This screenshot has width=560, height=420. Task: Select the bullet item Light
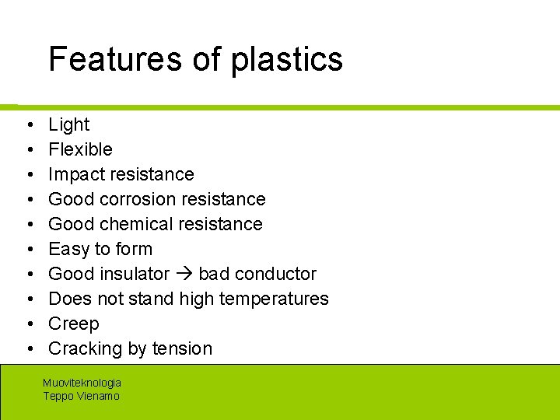68,124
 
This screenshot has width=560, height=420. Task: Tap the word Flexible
80,149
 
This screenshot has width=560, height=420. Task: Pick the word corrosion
147,199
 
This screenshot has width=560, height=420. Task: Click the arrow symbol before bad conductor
184,275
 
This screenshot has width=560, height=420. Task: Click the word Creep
73,324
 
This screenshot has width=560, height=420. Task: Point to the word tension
180,348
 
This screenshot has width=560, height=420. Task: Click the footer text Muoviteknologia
82,383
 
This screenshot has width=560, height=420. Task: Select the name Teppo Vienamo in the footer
81,396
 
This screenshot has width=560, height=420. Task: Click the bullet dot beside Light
27,125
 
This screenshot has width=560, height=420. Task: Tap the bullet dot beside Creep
27,324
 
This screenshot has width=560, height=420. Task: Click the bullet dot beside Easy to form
27,250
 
